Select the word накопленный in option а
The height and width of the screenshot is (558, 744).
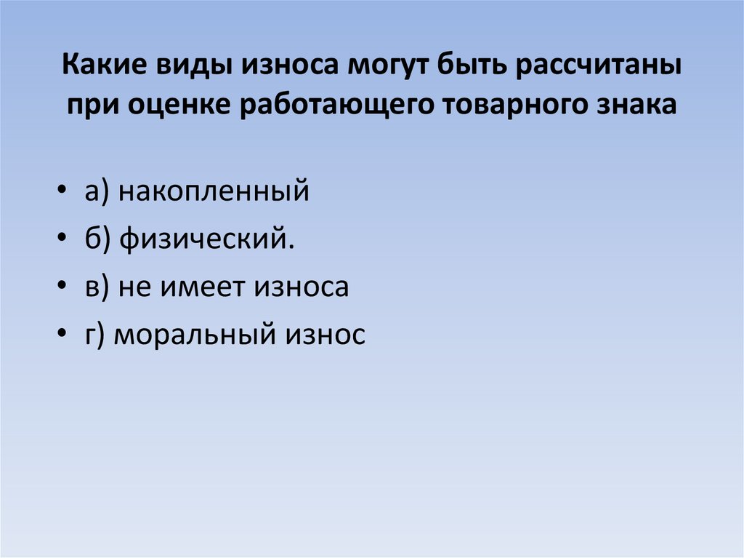pyautogui.click(x=214, y=192)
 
